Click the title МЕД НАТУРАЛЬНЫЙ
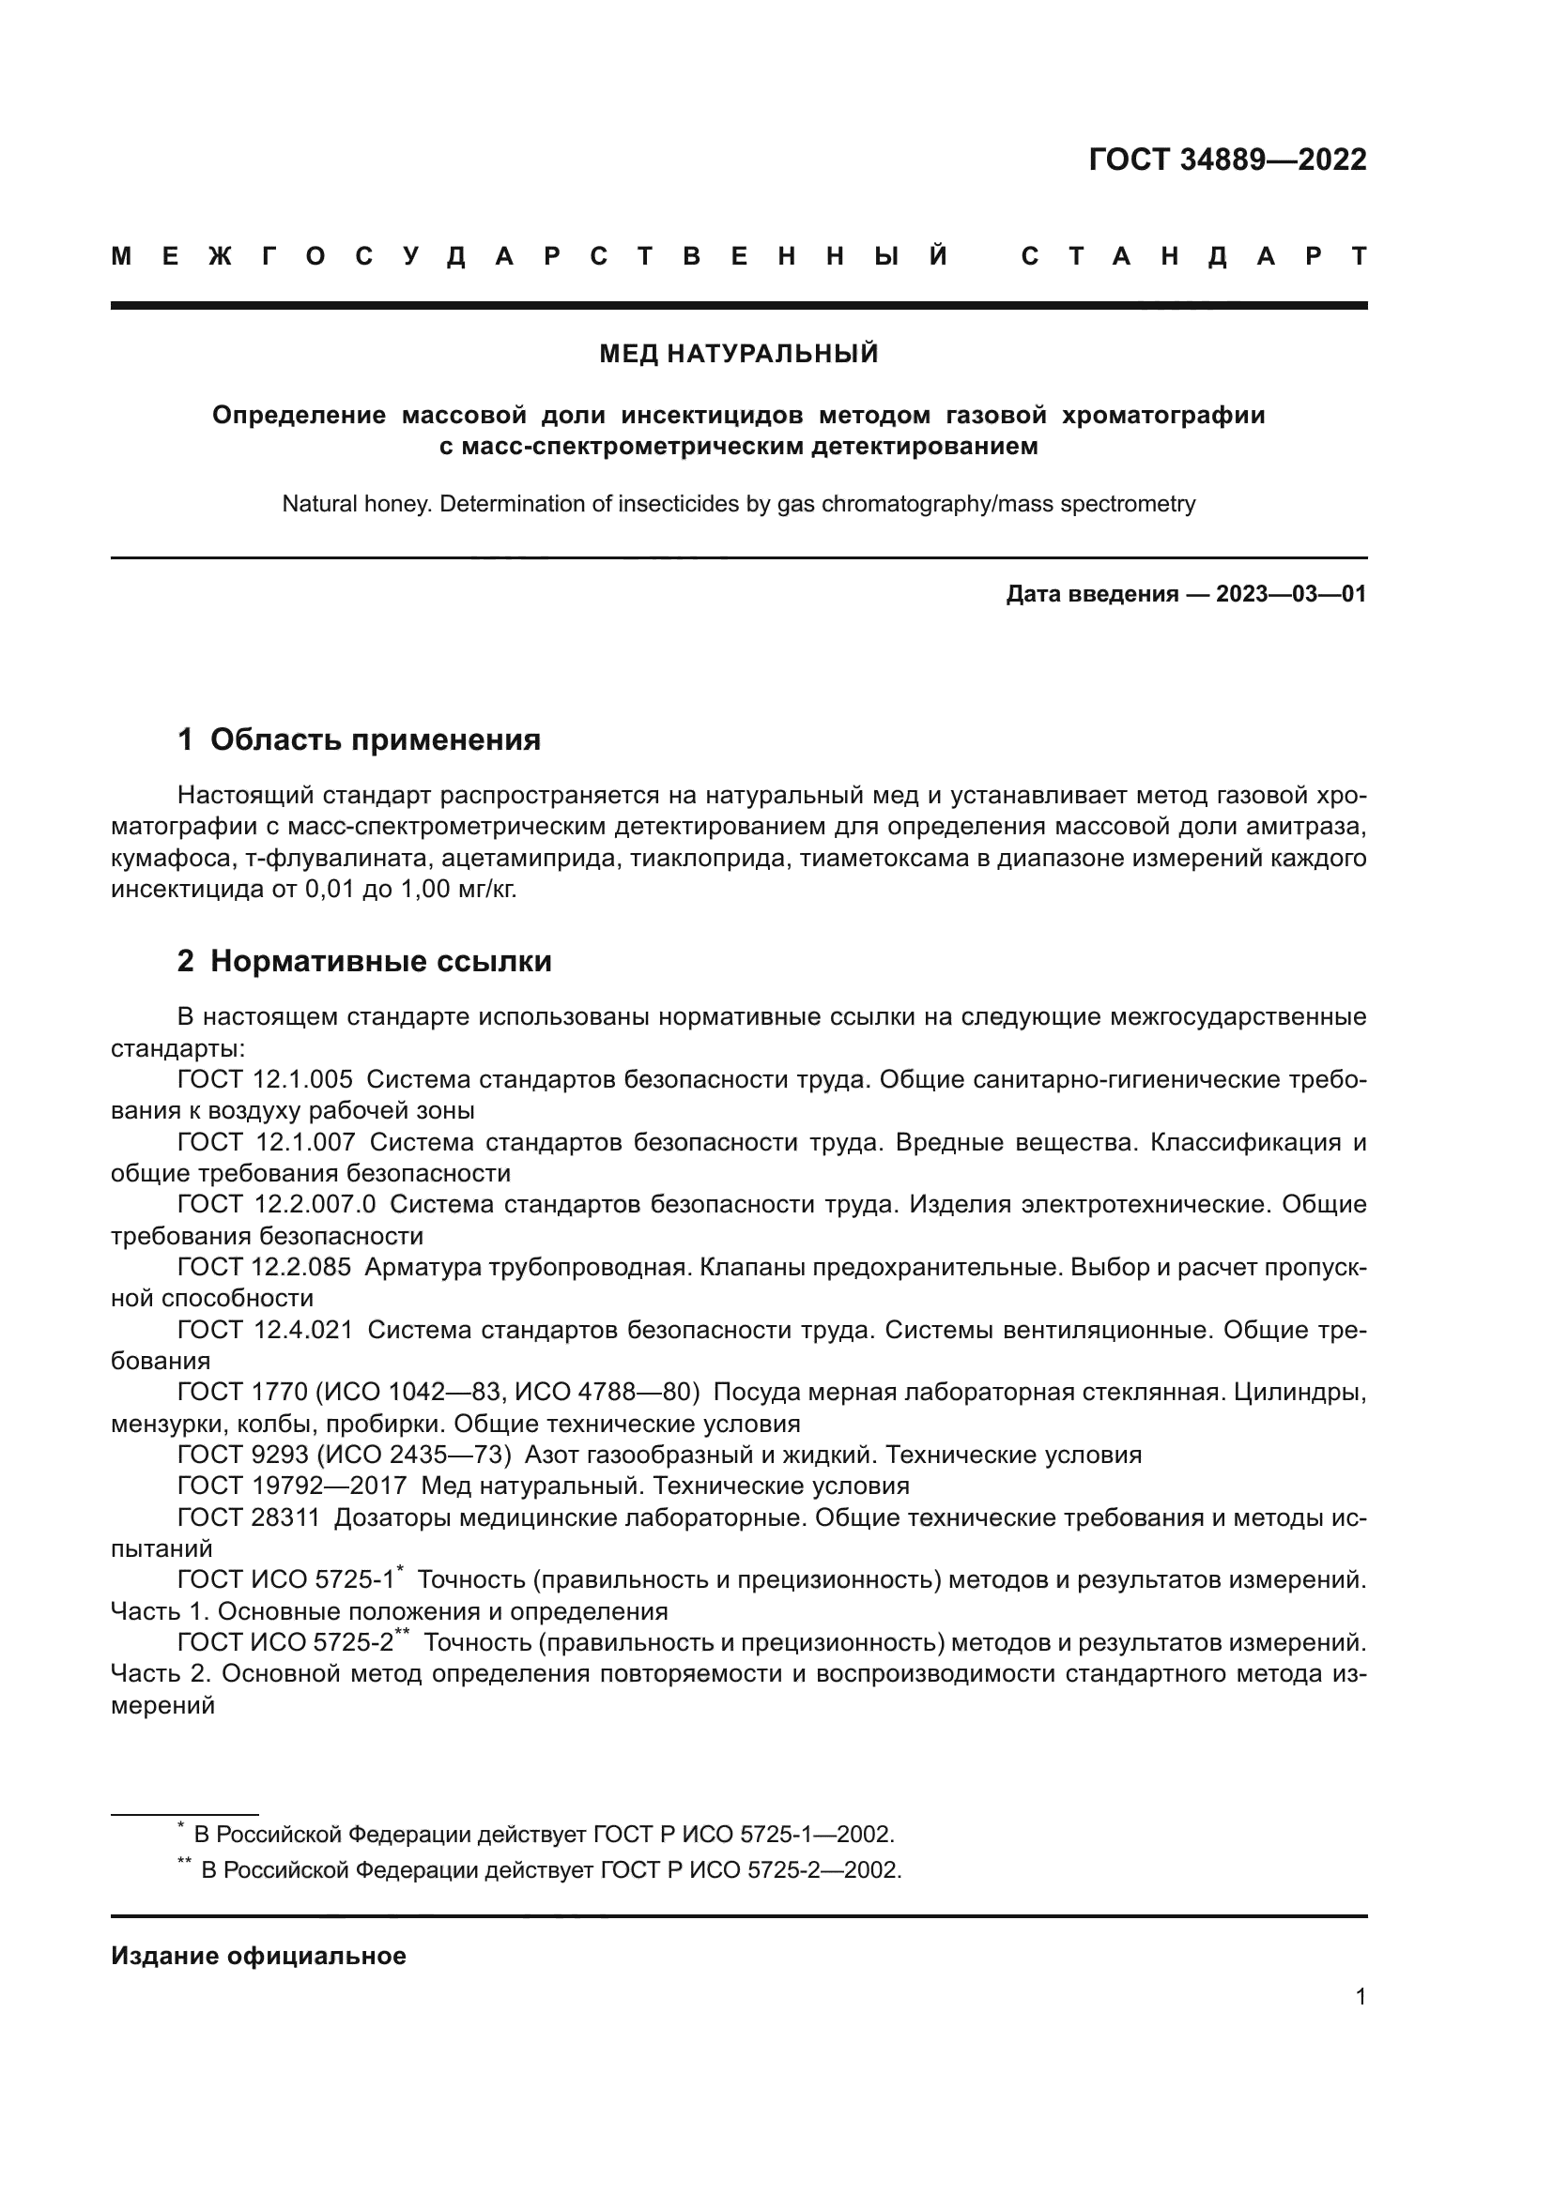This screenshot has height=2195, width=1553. [738, 354]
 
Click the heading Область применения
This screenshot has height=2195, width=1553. [375, 739]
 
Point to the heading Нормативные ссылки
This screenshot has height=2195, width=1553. [380, 961]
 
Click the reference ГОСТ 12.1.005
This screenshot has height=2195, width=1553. [265, 1079]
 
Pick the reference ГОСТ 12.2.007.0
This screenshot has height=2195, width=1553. [276, 1205]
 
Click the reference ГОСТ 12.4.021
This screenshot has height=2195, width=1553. [265, 1330]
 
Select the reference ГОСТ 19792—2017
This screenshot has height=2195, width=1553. [292, 1486]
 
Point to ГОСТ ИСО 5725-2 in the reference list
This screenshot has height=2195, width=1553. [285, 1642]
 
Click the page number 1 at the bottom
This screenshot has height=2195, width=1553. [1360, 1996]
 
